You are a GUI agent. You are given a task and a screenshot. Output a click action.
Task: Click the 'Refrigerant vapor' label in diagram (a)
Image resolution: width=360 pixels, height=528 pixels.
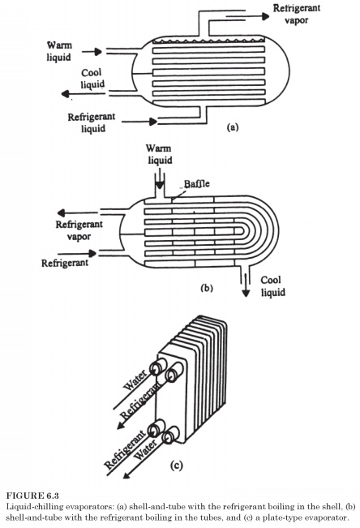pyautogui.click(x=297, y=14)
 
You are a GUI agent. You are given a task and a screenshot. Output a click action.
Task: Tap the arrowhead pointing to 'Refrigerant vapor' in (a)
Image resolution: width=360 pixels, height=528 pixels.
pyautogui.click(x=265, y=16)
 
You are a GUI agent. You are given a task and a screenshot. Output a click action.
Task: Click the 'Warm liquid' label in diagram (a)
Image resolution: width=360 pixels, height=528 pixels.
pyautogui.click(x=59, y=51)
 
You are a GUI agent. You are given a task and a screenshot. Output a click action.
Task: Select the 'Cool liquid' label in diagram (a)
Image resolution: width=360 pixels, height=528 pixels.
pyautogui.click(x=92, y=79)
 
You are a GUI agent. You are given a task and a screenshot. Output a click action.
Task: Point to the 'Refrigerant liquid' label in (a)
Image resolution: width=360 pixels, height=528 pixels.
pyautogui.click(x=92, y=122)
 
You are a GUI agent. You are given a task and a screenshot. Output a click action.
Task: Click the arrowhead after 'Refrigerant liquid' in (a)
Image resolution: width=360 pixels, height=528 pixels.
pyautogui.click(x=153, y=121)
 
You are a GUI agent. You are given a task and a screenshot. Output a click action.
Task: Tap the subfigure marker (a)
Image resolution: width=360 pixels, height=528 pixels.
pyautogui.click(x=233, y=127)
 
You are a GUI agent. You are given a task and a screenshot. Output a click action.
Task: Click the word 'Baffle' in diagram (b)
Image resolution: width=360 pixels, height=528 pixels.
pyautogui.click(x=196, y=183)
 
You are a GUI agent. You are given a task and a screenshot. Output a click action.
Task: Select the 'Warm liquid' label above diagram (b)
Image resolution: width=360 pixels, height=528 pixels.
pyautogui.click(x=159, y=154)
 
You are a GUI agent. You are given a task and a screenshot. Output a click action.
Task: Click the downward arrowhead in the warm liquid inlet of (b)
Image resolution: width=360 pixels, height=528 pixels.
pyautogui.click(x=160, y=186)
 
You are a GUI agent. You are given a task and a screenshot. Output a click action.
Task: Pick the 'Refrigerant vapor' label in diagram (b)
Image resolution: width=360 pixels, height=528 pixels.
pyautogui.click(x=79, y=230)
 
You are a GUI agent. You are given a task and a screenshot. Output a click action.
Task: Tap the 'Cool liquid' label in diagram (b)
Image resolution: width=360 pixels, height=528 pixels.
pyautogui.click(x=272, y=285)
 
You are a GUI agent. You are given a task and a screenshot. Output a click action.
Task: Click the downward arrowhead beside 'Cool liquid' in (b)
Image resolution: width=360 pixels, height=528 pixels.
pyautogui.click(x=246, y=293)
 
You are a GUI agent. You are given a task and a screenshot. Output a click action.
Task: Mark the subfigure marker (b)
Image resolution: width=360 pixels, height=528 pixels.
pyautogui.click(x=207, y=288)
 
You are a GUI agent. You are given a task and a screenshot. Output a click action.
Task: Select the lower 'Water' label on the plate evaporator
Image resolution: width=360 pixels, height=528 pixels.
pyautogui.click(x=145, y=450)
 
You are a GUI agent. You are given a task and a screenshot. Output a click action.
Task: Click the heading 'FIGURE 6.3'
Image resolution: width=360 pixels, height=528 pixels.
pyautogui.click(x=32, y=496)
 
